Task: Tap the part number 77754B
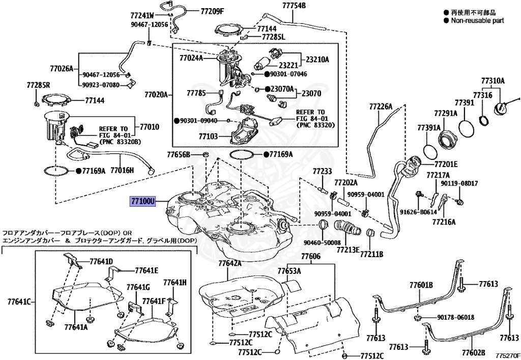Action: coord(294,6)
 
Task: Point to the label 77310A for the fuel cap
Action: coord(493,81)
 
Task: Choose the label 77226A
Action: coord(381,106)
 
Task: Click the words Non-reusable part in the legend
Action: coord(477,21)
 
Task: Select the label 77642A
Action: coord(230,264)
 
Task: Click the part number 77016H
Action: coord(122,171)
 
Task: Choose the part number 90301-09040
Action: coord(199,121)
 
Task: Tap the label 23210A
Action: coord(317,60)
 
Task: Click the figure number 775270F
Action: coord(508,355)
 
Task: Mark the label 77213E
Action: coord(348,251)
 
